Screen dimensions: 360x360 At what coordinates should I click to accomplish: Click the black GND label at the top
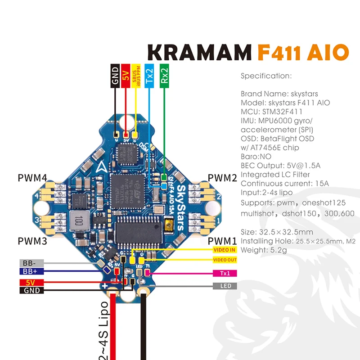pyautogui.click(x=115, y=75)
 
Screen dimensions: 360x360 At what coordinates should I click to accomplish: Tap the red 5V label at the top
pyautogui.click(x=126, y=75)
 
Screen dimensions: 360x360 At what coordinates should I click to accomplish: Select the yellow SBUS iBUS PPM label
pyautogui.click(x=136, y=75)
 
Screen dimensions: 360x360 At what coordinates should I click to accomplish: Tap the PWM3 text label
pyautogui.click(x=32, y=240)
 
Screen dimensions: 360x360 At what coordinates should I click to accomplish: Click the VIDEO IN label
pyautogui.click(x=224, y=250)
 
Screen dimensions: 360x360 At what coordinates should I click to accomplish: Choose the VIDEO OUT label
pyautogui.click(x=224, y=260)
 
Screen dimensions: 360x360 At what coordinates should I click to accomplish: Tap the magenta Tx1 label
pyautogui.click(x=224, y=273)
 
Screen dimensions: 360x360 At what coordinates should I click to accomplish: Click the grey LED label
pyautogui.click(x=224, y=286)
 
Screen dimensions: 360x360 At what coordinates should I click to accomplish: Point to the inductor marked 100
pyautogui.click(x=78, y=221)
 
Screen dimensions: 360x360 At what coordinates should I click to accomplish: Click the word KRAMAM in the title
pyautogui.click(x=198, y=53)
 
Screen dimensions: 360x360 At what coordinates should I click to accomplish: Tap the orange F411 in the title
pyautogui.click(x=281, y=53)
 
